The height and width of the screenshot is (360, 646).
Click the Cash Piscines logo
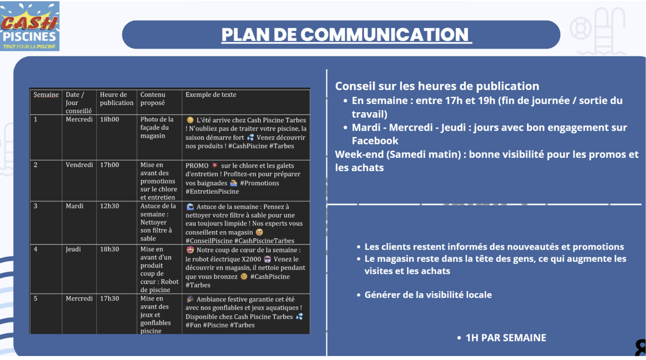point(30,26)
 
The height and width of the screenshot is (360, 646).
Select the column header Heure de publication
point(116,99)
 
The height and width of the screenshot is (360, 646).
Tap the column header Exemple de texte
point(211,95)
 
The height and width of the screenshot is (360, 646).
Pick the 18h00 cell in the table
point(109,119)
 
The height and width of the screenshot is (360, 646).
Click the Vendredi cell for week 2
point(79,165)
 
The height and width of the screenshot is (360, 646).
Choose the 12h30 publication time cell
point(109,206)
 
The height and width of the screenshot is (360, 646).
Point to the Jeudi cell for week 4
point(73,249)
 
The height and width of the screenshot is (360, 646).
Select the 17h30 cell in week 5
point(109,298)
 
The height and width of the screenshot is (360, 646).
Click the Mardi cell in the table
point(74,206)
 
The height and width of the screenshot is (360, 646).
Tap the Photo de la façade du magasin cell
point(157,128)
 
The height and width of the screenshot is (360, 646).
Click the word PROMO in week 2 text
point(197,166)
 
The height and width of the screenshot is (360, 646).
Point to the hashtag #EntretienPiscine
point(212,192)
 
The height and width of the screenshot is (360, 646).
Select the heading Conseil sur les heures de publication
point(437,86)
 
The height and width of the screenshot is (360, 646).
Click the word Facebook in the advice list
point(375,141)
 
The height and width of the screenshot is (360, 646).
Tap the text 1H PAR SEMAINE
point(506,338)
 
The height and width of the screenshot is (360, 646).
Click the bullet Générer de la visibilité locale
point(428,295)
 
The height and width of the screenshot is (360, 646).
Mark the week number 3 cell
point(36,206)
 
